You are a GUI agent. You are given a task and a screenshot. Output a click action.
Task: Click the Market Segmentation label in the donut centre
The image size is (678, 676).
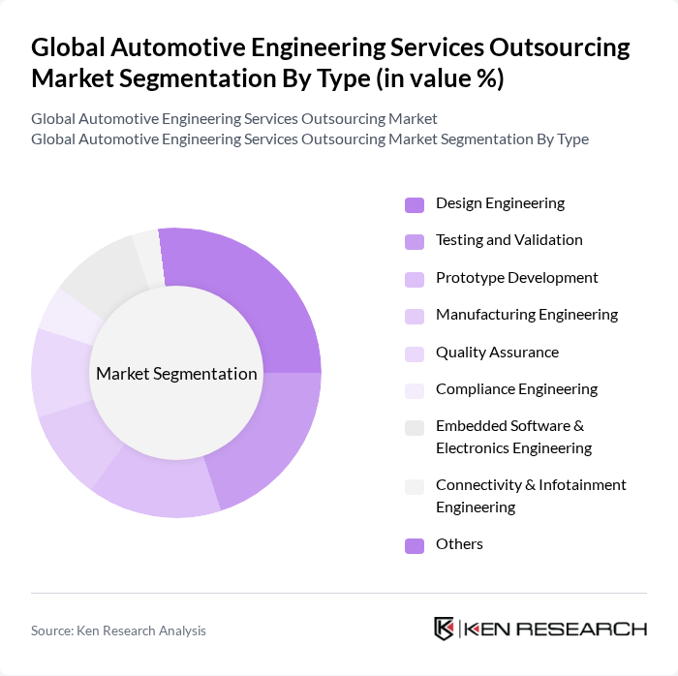(176, 374)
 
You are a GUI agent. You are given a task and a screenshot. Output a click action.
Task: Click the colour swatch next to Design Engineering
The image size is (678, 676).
(415, 204)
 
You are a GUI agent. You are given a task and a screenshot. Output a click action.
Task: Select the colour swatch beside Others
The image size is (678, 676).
(415, 545)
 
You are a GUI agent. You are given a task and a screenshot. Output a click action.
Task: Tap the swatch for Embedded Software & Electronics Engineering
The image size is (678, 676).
(415, 427)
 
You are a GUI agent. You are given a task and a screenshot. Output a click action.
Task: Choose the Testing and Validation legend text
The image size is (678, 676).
(508, 240)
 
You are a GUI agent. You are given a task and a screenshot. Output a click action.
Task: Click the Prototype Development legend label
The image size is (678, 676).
(516, 278)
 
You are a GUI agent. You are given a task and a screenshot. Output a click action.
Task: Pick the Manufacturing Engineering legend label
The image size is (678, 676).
(526, 315)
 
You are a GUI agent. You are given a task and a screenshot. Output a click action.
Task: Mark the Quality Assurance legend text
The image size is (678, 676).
(497, 353)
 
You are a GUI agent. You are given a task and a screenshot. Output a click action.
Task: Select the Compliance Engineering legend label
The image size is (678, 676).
(516, 389)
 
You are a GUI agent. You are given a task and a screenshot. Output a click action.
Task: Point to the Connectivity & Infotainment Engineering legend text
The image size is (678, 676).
(530, 496)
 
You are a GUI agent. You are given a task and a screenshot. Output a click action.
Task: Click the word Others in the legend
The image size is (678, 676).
(459, 544)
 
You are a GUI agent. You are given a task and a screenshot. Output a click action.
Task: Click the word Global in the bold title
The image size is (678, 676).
(69, 47)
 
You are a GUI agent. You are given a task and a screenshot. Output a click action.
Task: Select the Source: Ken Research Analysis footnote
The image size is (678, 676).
(118, 630)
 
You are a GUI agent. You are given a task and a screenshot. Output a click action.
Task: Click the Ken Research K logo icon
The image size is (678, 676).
(445, 629)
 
